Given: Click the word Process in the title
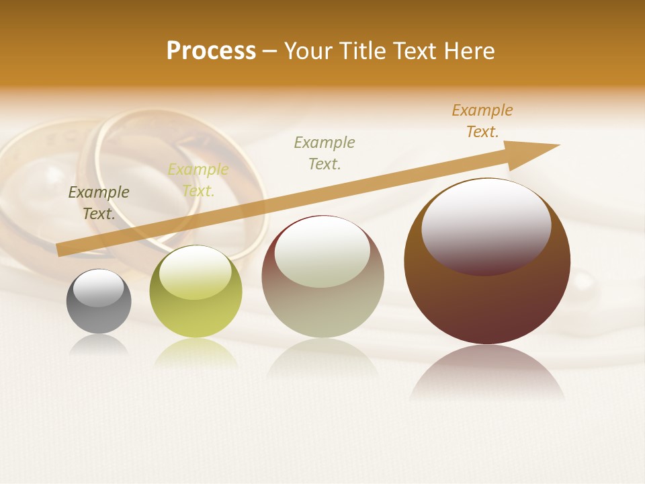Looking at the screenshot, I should coord(211,51).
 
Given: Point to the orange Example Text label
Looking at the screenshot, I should coord(482,121).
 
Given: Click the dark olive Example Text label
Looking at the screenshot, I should coord(99,203).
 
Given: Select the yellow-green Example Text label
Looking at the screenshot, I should coord(198,180).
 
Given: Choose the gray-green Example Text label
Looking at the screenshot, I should coord(325,153).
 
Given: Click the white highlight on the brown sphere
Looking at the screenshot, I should coord(486,226).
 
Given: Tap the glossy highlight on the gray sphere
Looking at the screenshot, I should coord(99,288).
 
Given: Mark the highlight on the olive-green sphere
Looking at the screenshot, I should coord(195,272).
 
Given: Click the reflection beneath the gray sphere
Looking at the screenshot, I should coord(99,345).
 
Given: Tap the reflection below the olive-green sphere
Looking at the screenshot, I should coord(196,354).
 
